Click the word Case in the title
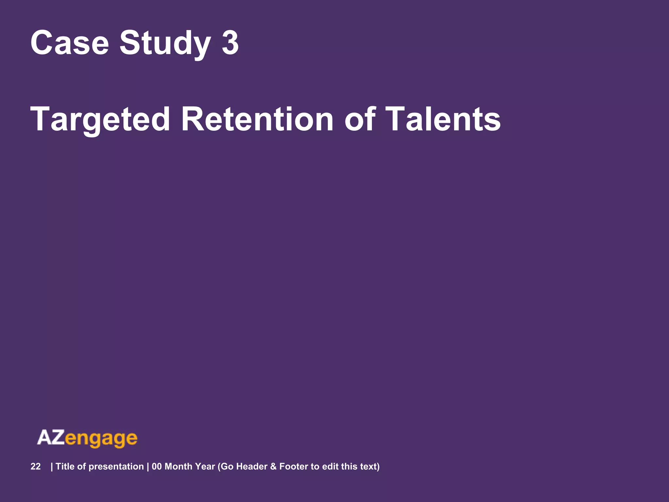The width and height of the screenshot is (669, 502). point(69,43)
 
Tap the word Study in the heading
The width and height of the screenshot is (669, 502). point(165,43)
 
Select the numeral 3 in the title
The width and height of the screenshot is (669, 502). point(230,43)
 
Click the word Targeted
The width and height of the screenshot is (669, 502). point(100,120)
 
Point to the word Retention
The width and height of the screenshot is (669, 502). point(257,120)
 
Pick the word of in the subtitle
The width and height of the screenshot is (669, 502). point(359,120)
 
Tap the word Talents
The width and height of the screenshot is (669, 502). point(443,120)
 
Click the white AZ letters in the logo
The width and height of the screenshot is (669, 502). point(51,438)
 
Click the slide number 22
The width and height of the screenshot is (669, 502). point(36,466)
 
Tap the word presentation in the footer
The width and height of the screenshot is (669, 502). point(116,466)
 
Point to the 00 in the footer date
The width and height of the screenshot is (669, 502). point(157,466)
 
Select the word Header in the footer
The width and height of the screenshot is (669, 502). point(252,466)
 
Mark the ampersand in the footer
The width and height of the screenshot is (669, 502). point(273,466)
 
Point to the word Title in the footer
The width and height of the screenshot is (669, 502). point(65,466)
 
